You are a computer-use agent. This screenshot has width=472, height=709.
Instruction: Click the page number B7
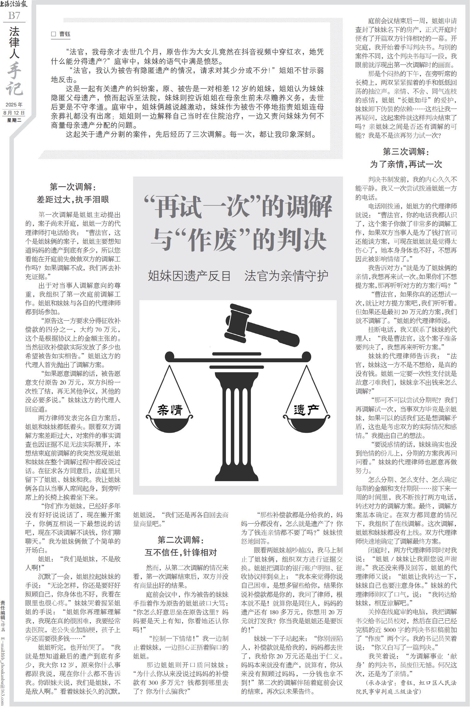(x=14, y=15)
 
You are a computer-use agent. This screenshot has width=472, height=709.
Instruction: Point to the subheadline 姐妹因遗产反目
(x=189, y=276)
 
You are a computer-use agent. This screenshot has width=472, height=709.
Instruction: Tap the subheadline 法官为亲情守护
(x=286, y=276)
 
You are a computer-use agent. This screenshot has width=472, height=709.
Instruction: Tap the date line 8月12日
(x=14, y=113)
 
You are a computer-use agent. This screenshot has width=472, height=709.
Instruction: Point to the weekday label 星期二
(x=14, y=120)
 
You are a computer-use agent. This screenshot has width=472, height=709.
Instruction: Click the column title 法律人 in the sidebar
(x=14, y=43)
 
